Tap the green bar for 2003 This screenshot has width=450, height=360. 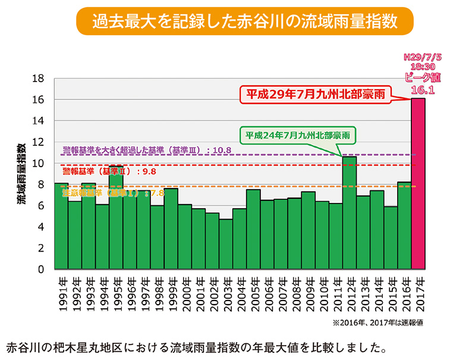[225, 244]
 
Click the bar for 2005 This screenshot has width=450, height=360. [253, 229]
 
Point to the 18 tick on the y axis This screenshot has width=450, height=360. [39, 78]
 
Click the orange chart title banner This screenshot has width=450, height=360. [244, 21]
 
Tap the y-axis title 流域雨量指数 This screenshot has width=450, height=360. [22, 173]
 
